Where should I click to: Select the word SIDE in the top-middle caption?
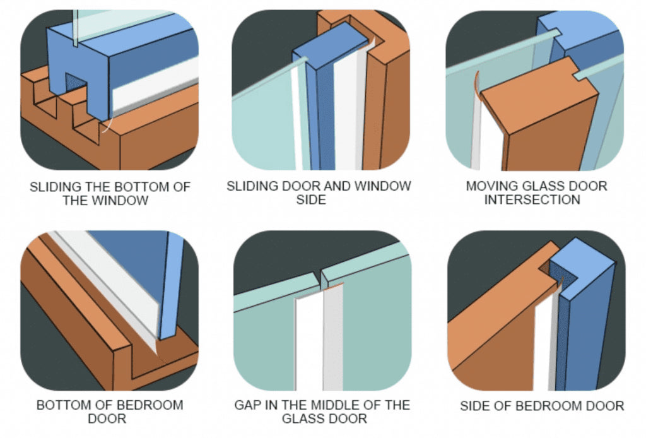[311, 200]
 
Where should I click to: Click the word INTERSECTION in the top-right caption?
[532, 200]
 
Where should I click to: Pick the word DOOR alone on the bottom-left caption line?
[107, 418]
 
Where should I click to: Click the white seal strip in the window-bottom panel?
[155, 88]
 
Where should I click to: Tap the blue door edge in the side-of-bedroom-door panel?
[585, 321]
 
